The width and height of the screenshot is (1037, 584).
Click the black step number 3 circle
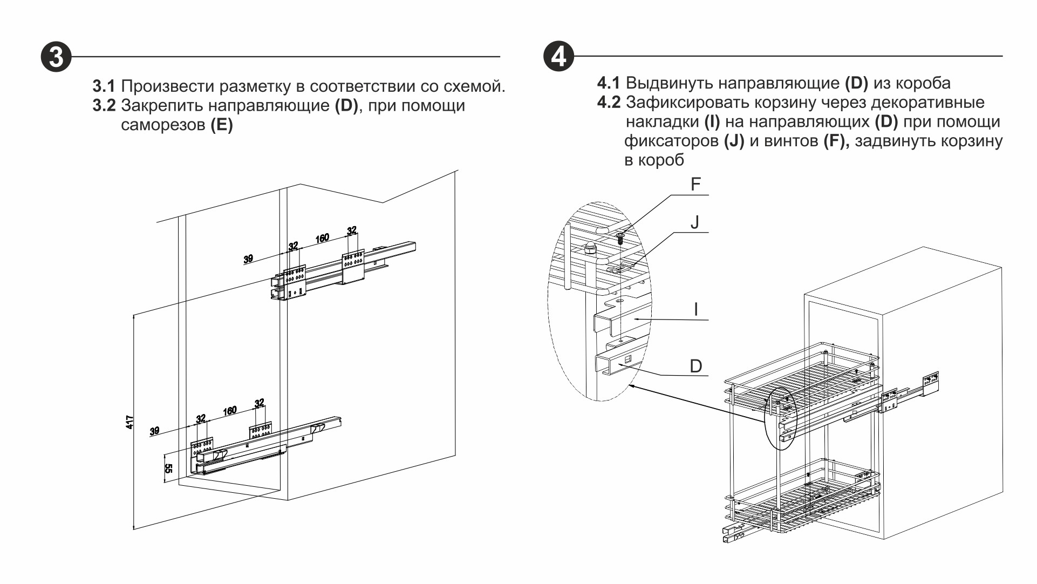pyautogui.click(x=56, y=57)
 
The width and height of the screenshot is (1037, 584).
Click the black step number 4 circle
pyautogui.click(x=558, y=56)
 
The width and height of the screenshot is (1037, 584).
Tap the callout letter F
pyautogui.click(x=695, y=185)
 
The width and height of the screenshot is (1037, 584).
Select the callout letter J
pyautogui.click(x=695, y=222)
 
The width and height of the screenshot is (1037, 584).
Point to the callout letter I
pyautogui.click(x=696, y=309)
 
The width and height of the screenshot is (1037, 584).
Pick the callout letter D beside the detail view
pyautogui.click(x=696, y=366)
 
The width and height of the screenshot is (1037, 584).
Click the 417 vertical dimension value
pyautogui.click(x=129, y=422)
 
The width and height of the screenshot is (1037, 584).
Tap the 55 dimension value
pyautogui.click(x=168, y=468)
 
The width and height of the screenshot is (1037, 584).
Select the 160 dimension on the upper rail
pyautogui.click(x=322, y=239)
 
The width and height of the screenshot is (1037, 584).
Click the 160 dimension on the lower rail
pyautogui.click(x=230, y=411)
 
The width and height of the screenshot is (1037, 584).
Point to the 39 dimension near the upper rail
pyautogui.click(x=248, y=259)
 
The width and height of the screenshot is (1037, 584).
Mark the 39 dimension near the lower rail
pyautogui.click(x=155, y=431)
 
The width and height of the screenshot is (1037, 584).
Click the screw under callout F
pyautogui.click(x=620, y=237)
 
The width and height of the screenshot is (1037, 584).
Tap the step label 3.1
pyautogui.click(x=104, y=86)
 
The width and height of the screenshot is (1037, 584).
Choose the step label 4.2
pyautogui.click(x=609, y=103)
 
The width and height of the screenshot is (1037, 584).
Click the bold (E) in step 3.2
pyautogui.click(x=222, y=125)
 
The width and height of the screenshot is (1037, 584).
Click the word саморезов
pyautogui.click(x=163, y=125)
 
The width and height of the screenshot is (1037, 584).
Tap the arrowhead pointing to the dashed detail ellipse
pyautogui.click(x=632, y=386)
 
